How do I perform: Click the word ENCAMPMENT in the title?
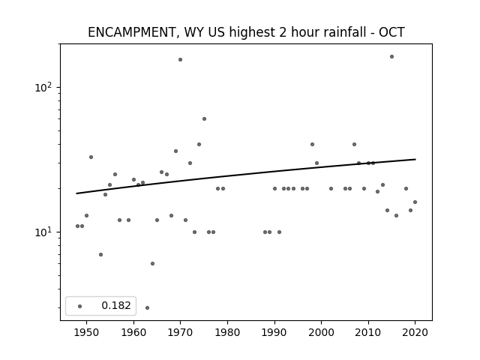pos(131,32)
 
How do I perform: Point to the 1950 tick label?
pos(86,332)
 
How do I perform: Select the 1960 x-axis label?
pos(133,332)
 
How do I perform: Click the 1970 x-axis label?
pos(180,332)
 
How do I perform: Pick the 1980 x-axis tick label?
pos(227,332)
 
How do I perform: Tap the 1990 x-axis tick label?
pos(274,332)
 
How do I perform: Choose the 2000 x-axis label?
pos(322,332)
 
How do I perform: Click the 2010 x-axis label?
pos(368,332)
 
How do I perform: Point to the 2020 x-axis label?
pos(415,332)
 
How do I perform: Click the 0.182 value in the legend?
pos(116,305)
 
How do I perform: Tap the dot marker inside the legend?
pos(80,306)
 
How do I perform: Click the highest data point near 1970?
pos(180,60)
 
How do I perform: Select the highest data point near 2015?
pos(391,57)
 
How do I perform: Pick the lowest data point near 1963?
pos(147,307)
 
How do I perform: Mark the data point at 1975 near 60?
pos(204,118)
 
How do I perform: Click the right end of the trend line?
pos(415,159)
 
